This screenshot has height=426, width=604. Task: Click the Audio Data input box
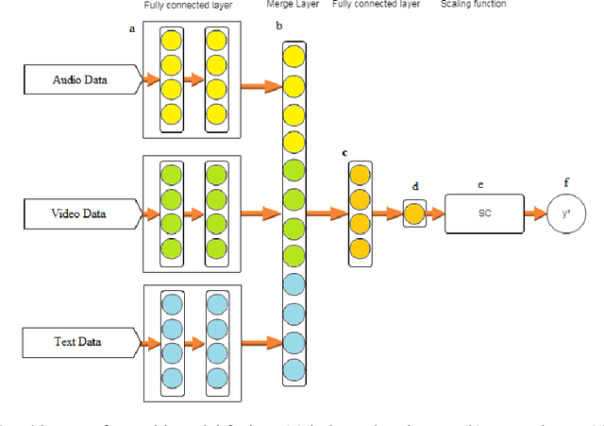click(x=80, y=80)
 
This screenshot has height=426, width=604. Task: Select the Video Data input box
click(x=80, y=213)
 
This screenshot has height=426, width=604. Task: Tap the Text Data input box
click(x=80, y=340)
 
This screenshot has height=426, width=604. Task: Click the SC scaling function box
click(x=483, y=213)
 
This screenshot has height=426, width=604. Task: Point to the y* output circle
click(x=566, y=213)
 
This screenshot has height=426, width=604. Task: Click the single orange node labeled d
click(x=414, y=213)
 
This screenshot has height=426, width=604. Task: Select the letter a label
click(x=132, y=29)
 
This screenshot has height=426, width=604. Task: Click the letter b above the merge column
click(x=278, y=26)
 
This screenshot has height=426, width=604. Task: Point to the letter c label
click(x=344, y=152)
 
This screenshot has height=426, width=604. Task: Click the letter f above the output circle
click(x=566, y=182)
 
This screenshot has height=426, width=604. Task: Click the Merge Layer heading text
click(x=293, y=5)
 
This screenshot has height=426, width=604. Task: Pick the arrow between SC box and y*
click(x=533, y=213)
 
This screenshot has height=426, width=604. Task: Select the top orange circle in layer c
click(x=360, y=176)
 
